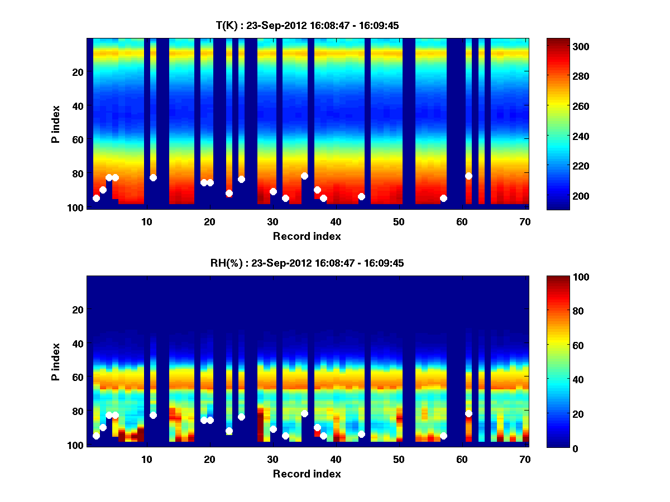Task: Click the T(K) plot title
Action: click(307, 26)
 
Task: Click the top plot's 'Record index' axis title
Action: click(307, 236)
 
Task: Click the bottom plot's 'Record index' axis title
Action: click(307, 474)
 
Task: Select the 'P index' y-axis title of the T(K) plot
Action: click(55, 124)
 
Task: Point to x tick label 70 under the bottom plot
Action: click(524, 460)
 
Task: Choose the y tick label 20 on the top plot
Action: click(78, 72)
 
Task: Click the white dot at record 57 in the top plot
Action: click(443, 198)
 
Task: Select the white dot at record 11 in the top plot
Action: click(153, 177)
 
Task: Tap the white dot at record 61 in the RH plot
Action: click(468, 413)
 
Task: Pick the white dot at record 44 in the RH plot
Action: click(361, 434)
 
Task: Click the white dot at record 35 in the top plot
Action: click(304, 176)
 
